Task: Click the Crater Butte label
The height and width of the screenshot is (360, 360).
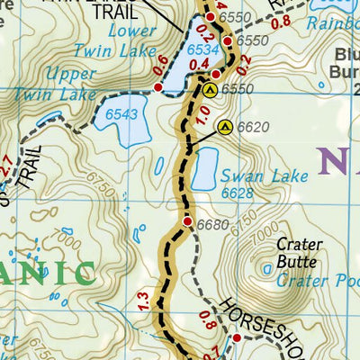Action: click(x=296, y=253)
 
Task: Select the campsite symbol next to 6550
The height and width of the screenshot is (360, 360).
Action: click(x=210, y=90)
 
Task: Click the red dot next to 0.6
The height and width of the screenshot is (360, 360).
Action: click(x=159, y=86)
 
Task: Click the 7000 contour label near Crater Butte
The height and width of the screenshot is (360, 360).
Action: click(x=259, y=238)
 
